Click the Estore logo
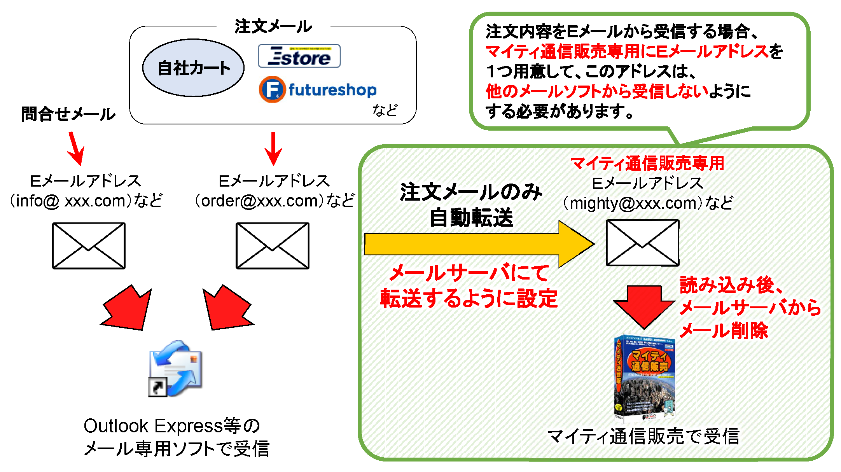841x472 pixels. pos(299,56)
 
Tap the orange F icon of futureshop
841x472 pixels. pos(272,89)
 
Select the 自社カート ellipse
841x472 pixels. pos(193,68)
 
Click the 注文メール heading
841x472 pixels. pos(273,26)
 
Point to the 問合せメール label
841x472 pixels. pos(68,114)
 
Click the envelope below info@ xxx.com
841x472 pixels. pos(89,246)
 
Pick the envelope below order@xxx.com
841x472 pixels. pos(273,246)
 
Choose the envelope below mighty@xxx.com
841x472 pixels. pos(642,243)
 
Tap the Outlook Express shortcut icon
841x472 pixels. pos(176,369)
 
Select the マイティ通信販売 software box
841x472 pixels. pos(644,378)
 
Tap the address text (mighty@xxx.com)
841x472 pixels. pos(648,203)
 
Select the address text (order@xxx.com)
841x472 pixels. pos(275,201)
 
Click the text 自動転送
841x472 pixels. pos(471,218)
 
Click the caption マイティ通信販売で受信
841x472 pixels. pos(643,436)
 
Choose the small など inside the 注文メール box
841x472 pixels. pos(385,110)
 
